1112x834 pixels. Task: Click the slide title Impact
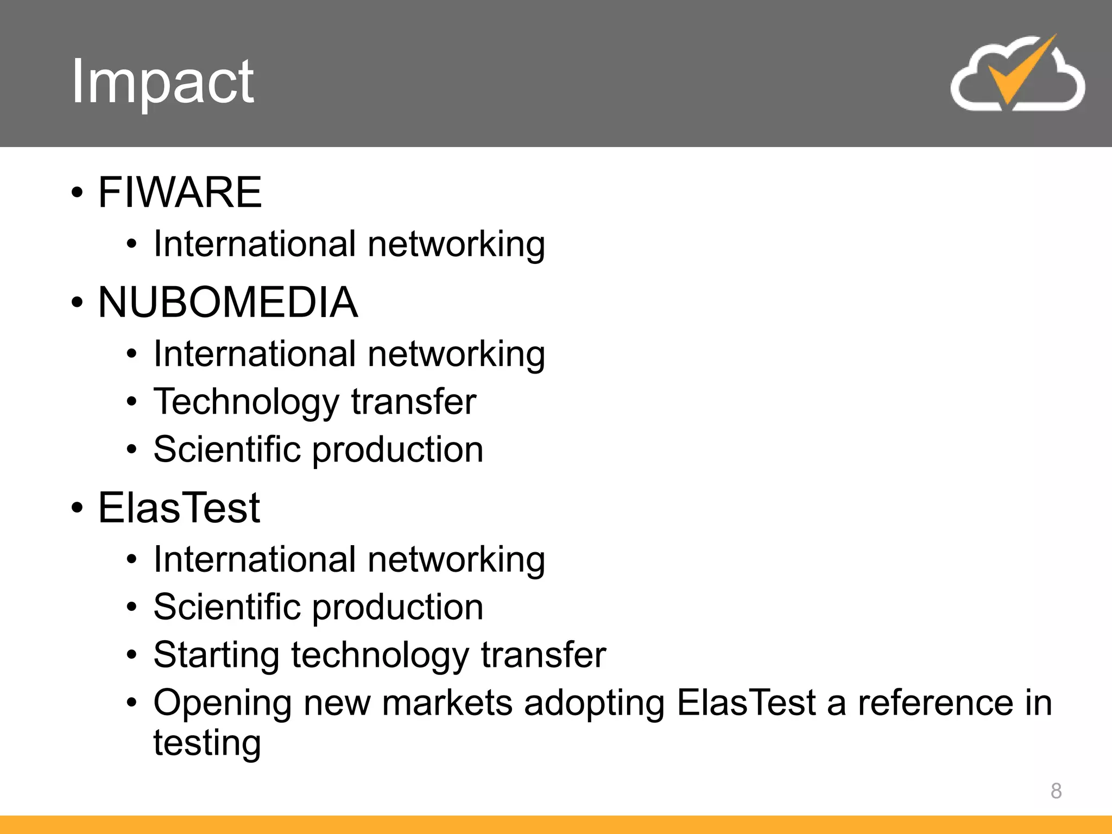[x=162, y=81]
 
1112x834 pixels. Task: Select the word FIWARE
[x=180, y=192]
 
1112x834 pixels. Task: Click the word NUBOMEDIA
[x=228, y=302]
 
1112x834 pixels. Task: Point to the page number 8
[x=1056, y=791]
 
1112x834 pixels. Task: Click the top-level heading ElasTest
[x=179, y=508]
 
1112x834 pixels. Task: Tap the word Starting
[x=216, y=656]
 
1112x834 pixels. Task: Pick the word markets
[x=447, y=703]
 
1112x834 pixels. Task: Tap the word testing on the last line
[x=207, y=744]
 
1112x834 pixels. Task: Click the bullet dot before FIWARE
[x=77, y=193]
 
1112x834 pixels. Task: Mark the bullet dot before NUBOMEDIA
[x=77, y=303]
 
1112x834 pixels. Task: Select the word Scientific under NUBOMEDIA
[x=227, y=450]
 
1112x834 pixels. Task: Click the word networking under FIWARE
[x=456, y=245]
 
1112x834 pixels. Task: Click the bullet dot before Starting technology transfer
[x=131, y=655]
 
